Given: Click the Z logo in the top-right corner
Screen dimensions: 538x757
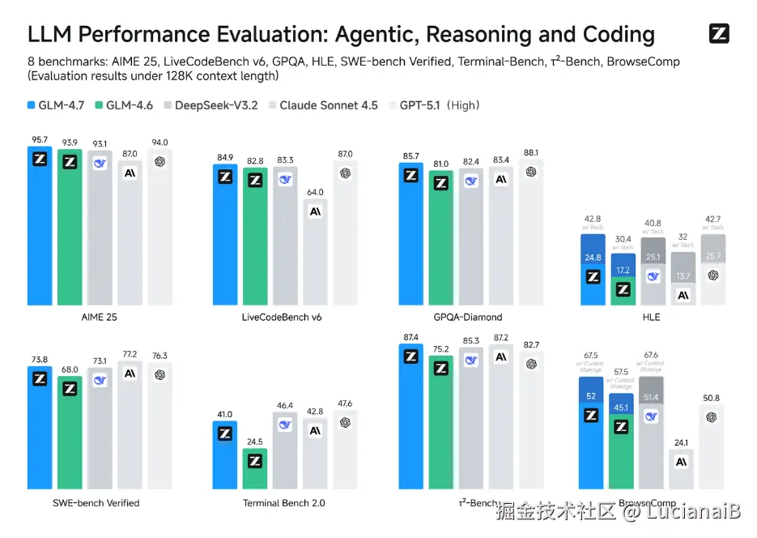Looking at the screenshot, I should [719, 34].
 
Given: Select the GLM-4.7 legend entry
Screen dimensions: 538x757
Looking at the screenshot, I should [57, 105].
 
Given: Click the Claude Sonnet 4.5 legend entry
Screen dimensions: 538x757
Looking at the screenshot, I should [322, 105].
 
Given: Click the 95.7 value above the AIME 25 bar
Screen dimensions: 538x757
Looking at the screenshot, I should [40, 139].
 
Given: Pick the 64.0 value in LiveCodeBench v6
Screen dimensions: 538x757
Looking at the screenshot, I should [315, 192].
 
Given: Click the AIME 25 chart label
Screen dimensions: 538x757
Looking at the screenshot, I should [100, 317].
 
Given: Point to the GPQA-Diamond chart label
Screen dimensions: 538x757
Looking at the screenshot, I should [470, 317].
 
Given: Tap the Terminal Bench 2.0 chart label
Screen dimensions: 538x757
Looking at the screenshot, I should [284, 503].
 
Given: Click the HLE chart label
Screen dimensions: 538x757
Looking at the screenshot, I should [651, 317].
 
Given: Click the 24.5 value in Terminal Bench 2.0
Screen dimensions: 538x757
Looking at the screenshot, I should [255, 442].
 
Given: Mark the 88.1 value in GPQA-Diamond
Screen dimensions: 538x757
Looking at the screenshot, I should [531, 152].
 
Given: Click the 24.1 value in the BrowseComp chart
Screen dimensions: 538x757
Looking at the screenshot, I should [683, 442].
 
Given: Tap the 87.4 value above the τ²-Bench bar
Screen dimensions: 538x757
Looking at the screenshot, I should [410, 337].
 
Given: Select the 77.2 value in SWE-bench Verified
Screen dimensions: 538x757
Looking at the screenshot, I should [130, 354].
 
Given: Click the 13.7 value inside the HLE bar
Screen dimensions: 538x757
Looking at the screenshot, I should [683, 276].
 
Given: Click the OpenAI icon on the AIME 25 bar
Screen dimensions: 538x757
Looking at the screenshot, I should [160, 161].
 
